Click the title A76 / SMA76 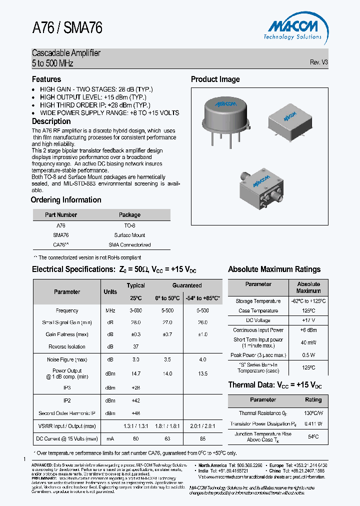(67, 28)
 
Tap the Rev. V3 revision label (318, 62)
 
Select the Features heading (46, 79)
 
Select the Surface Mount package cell (129, 235)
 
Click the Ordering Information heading (66, 200)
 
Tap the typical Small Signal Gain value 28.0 (135, 322)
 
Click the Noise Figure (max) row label (67, 359)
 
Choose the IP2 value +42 (135, 401)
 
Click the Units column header (110, 292)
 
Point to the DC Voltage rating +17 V (308, 320)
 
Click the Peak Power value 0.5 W (308, 355)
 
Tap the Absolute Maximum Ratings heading (274, 269)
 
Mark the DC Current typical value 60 (135, 438)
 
